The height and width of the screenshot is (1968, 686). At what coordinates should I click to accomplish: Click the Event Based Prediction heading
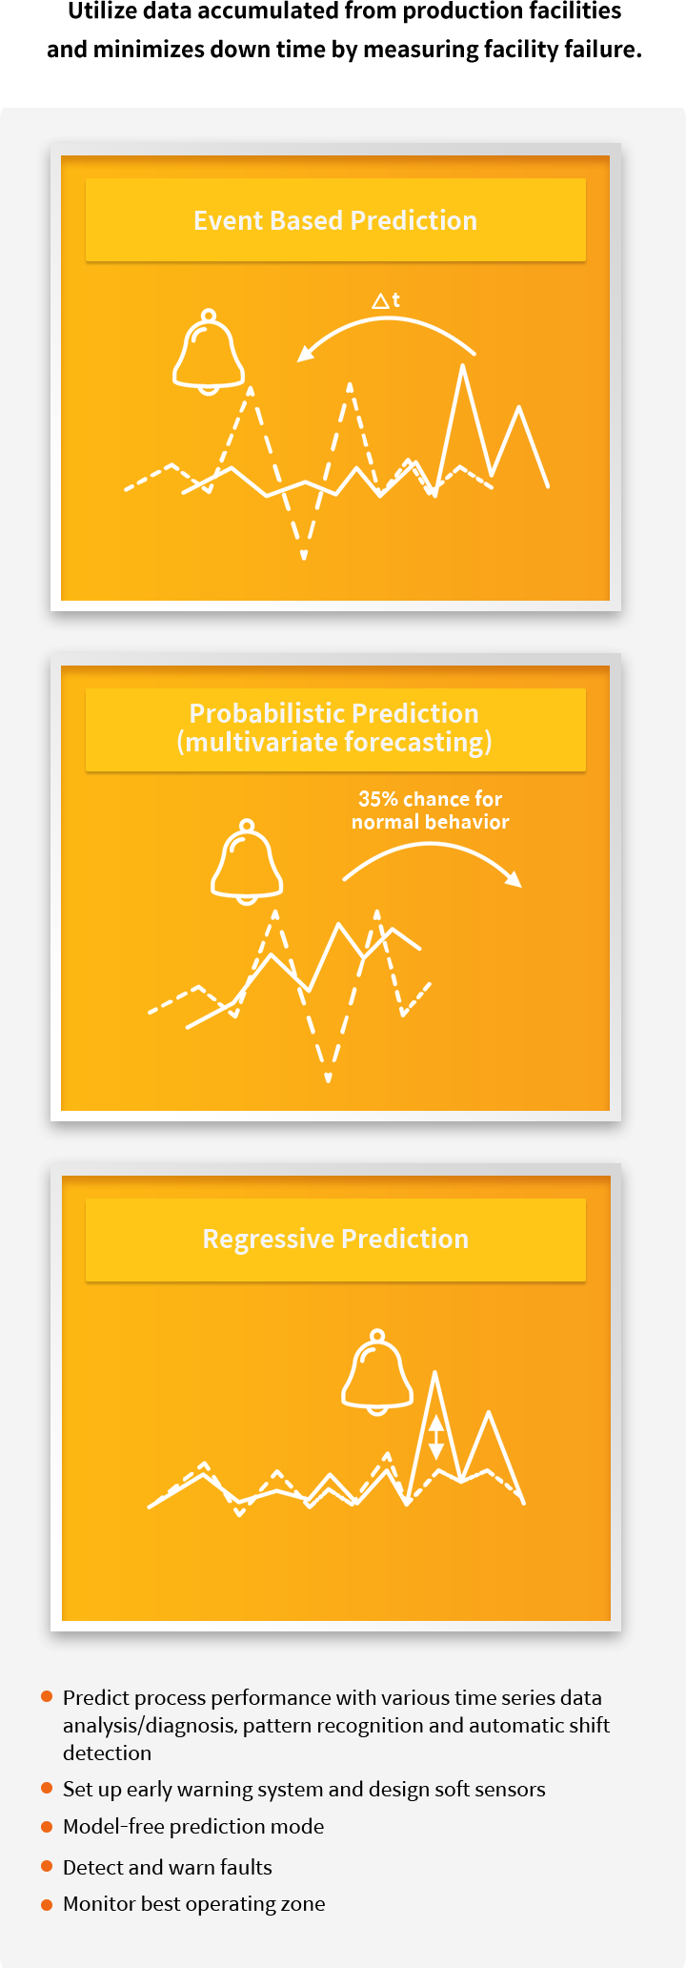[x=335, y=220]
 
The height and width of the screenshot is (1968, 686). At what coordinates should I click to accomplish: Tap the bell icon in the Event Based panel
[x=209, y=351]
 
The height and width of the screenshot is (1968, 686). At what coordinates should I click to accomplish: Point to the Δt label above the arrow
[x=386, y=300]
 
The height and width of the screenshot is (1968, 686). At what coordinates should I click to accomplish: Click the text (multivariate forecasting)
[x=334, y=742]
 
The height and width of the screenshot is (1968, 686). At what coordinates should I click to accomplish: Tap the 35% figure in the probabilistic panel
[x=377, y=799]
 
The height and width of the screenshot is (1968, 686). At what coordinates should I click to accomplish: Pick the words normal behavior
[x=431, y=822]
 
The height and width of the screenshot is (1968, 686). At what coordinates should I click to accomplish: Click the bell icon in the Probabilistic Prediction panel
[x=247, y=861]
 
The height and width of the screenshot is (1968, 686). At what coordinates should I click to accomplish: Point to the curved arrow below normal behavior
[x=431, y=848]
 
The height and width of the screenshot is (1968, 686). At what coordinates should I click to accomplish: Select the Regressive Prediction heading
[x=335, y=1239]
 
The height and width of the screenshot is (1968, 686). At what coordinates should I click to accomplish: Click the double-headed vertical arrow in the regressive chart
[x=435, y=1437]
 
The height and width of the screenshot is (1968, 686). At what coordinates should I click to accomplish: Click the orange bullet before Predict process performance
[x=47, y=1696]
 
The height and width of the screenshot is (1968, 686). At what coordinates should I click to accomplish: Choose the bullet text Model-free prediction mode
[x=193, y=1826]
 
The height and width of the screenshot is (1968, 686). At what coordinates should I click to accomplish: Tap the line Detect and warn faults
[x=168, y=1867]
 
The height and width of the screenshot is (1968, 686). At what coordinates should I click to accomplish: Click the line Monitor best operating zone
[x=194, y=1904]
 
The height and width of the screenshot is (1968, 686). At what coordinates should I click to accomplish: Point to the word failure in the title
[x=603, y=49]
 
